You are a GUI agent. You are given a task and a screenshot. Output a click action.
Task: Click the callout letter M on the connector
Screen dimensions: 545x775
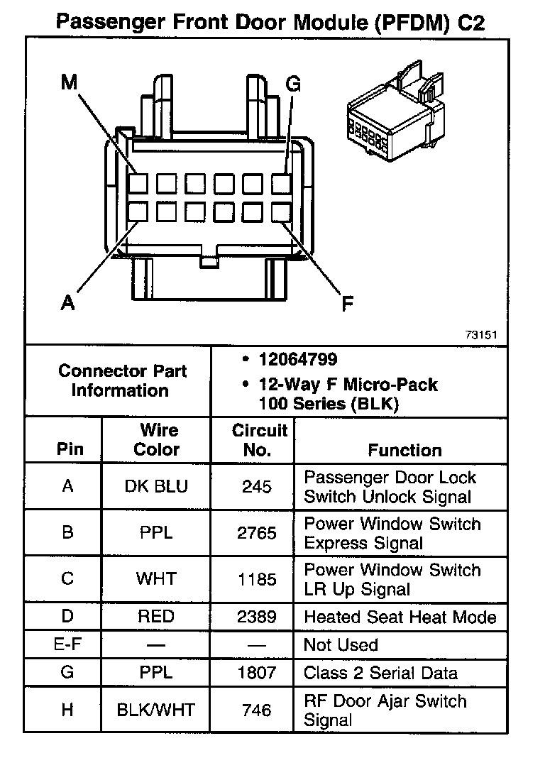(x=69, y=83)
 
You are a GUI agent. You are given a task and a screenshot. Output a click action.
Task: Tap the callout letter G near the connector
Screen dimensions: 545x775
(x=293, y=84)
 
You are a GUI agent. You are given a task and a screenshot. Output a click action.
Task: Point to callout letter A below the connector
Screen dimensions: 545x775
(x=67, y=303)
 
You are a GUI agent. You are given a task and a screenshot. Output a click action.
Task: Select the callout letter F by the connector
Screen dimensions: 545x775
(x=347, y=304)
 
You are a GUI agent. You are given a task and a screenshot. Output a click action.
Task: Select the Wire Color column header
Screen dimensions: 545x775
(x=157, y=440)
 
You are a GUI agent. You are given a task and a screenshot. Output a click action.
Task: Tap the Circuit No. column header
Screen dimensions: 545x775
(x=260, y=440)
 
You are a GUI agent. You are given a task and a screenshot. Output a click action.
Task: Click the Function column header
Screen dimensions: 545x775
(x=404, y=450)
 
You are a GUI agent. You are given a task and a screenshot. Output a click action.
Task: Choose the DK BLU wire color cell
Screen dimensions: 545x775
(x=156, y=487)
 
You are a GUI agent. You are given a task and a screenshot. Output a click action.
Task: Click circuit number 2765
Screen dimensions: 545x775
(x=257, y=533)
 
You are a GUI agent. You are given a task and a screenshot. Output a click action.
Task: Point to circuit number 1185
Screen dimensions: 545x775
(x=257, y=579)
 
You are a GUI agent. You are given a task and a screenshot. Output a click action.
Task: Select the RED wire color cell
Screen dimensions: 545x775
(x=156, y=617)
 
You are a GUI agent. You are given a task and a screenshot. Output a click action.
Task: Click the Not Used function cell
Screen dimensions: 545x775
(x=341, y=645)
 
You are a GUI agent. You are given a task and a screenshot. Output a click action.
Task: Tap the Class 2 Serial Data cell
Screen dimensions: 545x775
(x=380, y=673)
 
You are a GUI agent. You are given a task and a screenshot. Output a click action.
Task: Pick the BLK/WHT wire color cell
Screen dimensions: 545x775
(x=156, y=710)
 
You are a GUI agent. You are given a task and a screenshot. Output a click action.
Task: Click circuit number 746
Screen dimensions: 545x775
(x=257, y=710)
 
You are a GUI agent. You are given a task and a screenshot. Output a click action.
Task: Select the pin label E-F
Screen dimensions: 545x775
(x=67, y=645)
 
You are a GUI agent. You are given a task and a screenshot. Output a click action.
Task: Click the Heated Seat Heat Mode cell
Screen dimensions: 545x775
(x=400, y=617)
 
